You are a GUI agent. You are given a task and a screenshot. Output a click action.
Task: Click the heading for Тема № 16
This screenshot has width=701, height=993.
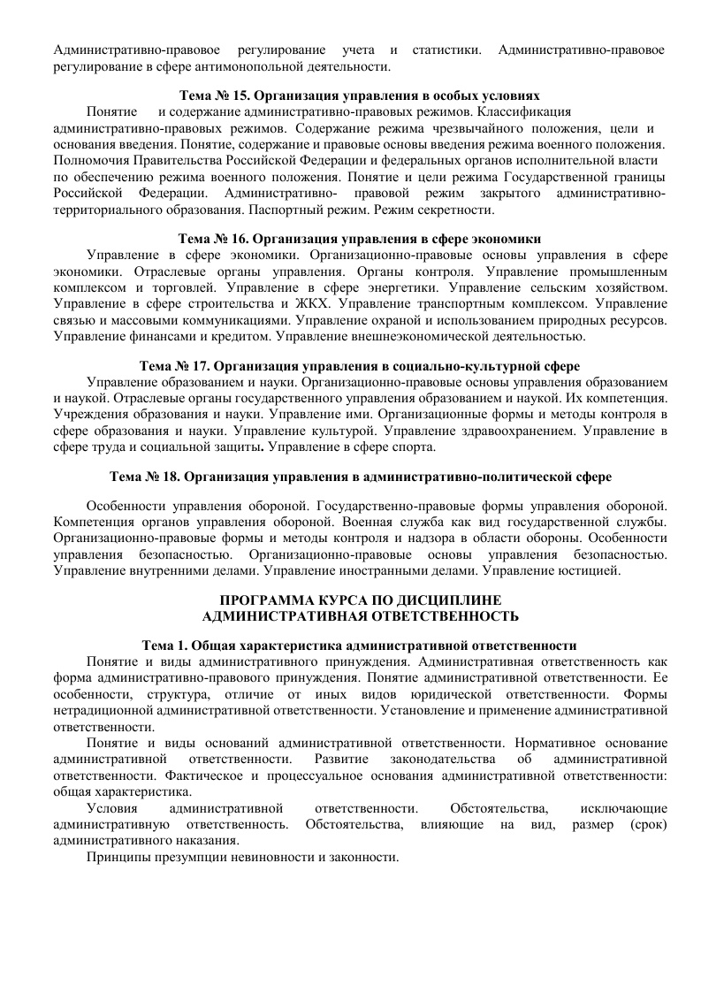[x=359, y=239]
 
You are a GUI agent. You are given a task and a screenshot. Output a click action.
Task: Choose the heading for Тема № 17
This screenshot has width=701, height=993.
[x=359, y=364]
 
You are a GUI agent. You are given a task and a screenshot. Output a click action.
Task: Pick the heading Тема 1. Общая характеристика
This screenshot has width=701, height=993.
[x=360, y=645]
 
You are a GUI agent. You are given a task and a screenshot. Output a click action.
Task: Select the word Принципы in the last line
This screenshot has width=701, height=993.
[x=114, y=858]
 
